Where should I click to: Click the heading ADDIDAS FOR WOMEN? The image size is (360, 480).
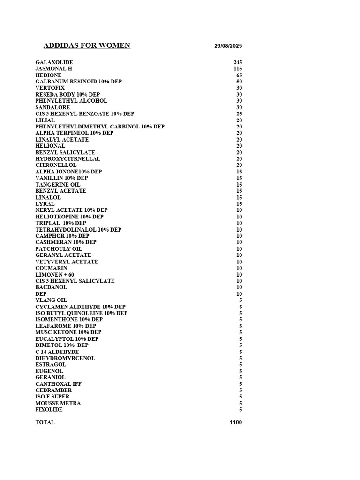pyautogui.click(x=87, y=45)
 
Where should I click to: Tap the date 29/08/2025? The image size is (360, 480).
pyautogui.click(x=228, y=46)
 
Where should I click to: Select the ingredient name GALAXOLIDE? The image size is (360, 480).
pyautogui.click(x=54, y=62)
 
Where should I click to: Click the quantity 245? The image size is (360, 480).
pyautogui.click(x=238, y=62)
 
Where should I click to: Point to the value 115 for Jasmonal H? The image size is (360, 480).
pyautogui.click(x=238, y=69)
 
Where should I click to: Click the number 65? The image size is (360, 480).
pyautogui.click(x=239, y=75)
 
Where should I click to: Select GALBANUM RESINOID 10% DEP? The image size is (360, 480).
pyautogui.click(x=79, y=82)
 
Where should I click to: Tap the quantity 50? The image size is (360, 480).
pyautogui.click(x=239, y=82)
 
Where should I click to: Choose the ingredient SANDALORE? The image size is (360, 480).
pyautogui.click(x=52, y=107)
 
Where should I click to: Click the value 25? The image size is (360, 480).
pyautogui.click(x=239, y=114)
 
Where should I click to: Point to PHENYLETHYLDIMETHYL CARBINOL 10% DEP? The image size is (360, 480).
pyautogui.click(x=100, y=127)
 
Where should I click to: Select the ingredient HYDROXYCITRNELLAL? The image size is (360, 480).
pyautogui.click(x=68, y=159)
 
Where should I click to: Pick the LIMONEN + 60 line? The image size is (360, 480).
pyautogui.click(x=55, y=275)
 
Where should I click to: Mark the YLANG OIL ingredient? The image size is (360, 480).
pyautogui.click(x=51, y=300)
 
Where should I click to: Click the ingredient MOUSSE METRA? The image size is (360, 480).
pyautogui.click(x=58, y=403)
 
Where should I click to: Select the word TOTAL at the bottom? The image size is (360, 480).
pyautogui.click(x=45, y=422)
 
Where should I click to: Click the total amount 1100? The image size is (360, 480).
pyautogui.click(x=236, y=422)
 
